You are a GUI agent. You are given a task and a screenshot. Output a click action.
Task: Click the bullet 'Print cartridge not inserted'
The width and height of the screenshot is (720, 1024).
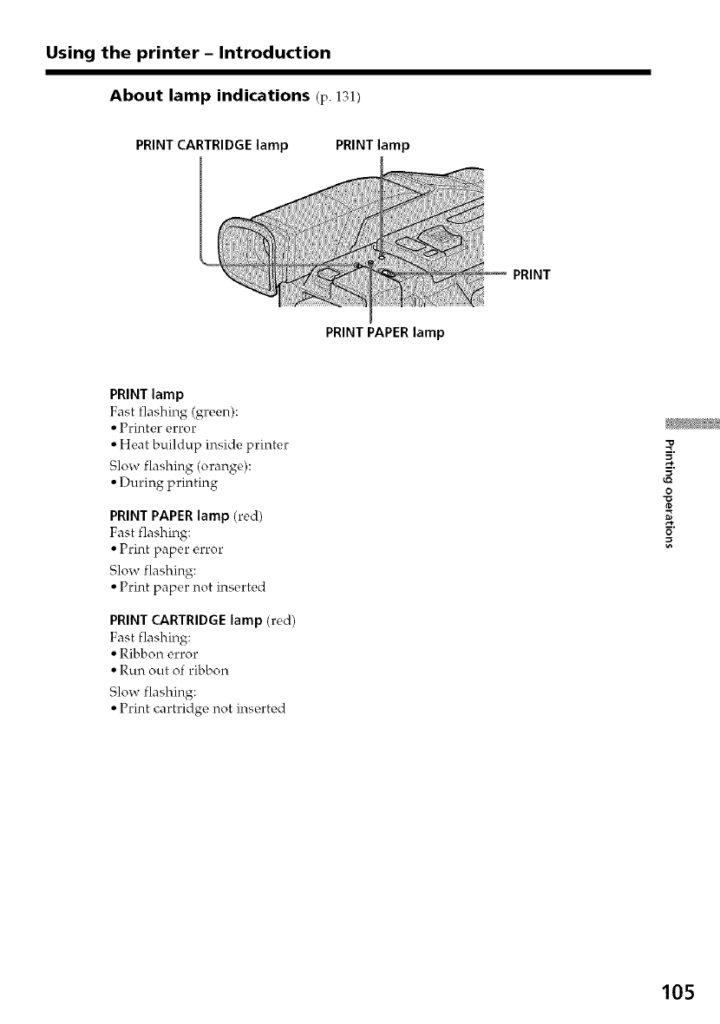click(x=201, y=708)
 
